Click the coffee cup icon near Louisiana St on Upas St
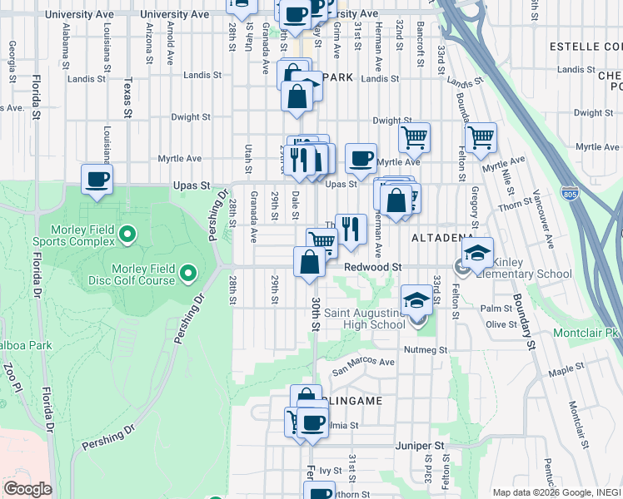97,179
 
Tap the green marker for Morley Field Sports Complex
127,235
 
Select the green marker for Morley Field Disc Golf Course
188,272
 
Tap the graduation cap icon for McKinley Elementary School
477,252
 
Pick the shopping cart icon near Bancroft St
414,137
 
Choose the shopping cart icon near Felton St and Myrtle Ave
481,137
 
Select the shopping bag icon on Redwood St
309,261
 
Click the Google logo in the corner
27,489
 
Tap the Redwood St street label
373,268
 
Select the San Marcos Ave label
364,362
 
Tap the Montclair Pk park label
586,333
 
